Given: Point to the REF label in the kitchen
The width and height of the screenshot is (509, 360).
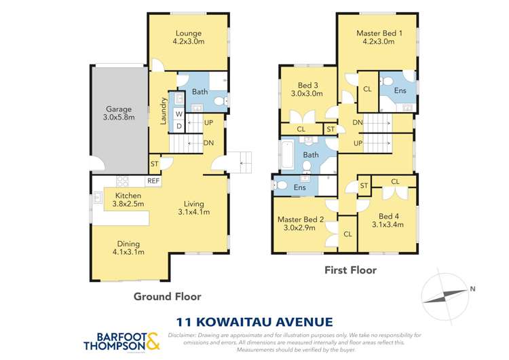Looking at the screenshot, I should pyautogui.click(x=153, y=181).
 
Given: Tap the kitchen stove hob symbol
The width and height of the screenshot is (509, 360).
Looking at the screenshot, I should pyautogui.click(x=124, y=181).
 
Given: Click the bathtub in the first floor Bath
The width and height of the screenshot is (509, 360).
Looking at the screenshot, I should pyautogui.click(x=287, y=155).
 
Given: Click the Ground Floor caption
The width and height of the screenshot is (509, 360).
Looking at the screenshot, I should pyautogui.click(x=167, y=296).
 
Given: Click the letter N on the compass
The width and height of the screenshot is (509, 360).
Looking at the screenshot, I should pyautogui.click(x=472, y=289).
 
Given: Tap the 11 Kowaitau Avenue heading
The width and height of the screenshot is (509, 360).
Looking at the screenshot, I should pyautogui.click(x=254, y=321).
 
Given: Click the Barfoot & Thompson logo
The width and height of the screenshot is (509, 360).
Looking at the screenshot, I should pyautogui.click(x=121, y=341).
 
